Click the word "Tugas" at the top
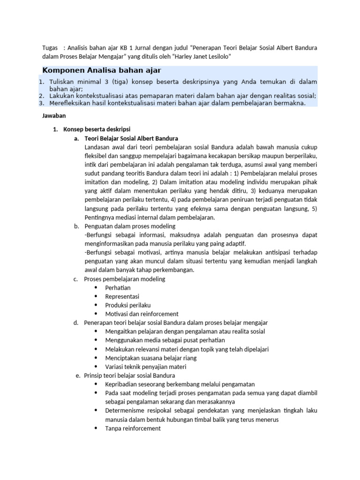(51, 48)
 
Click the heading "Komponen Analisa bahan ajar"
(102, 70)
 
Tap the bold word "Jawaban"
(54, 115)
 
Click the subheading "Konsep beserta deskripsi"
(97, 129)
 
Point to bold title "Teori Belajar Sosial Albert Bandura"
(131, 139)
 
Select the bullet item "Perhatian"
(118, 287)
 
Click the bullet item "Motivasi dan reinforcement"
(142, 314)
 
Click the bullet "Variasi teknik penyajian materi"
(146, 367)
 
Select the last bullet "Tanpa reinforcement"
(133, 428)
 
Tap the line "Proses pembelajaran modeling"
(125, 279)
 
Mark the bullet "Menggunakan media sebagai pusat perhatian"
(165, 340)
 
